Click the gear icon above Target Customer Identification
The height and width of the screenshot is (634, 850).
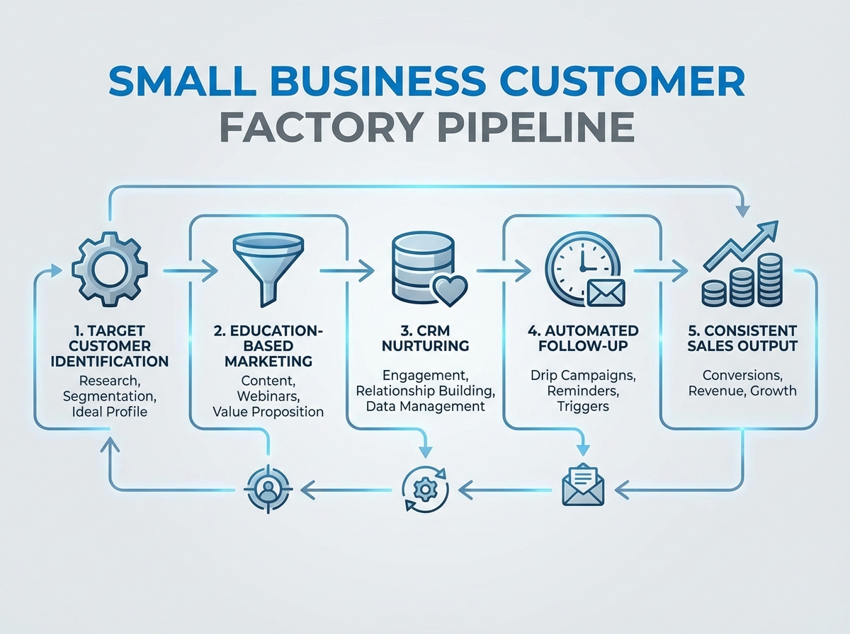(x=110, y=271)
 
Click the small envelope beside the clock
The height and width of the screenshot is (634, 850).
(x=606, y=293)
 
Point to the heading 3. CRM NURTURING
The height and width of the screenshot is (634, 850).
(x=424, y=338)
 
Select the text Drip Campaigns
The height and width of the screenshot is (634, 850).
(x=582, y=374)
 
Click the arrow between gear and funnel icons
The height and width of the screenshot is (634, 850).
(x=190, y=270)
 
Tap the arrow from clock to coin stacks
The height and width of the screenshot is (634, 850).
(x=660, y=270)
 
